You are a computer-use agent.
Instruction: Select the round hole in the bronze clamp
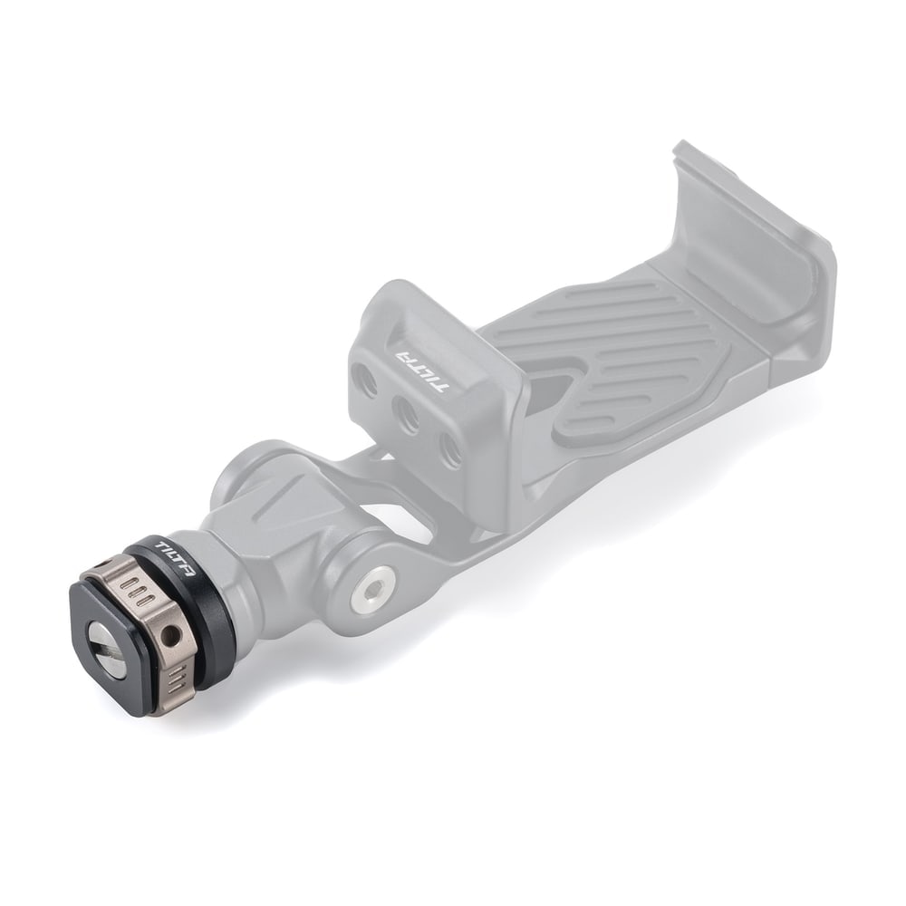pos(170,638)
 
